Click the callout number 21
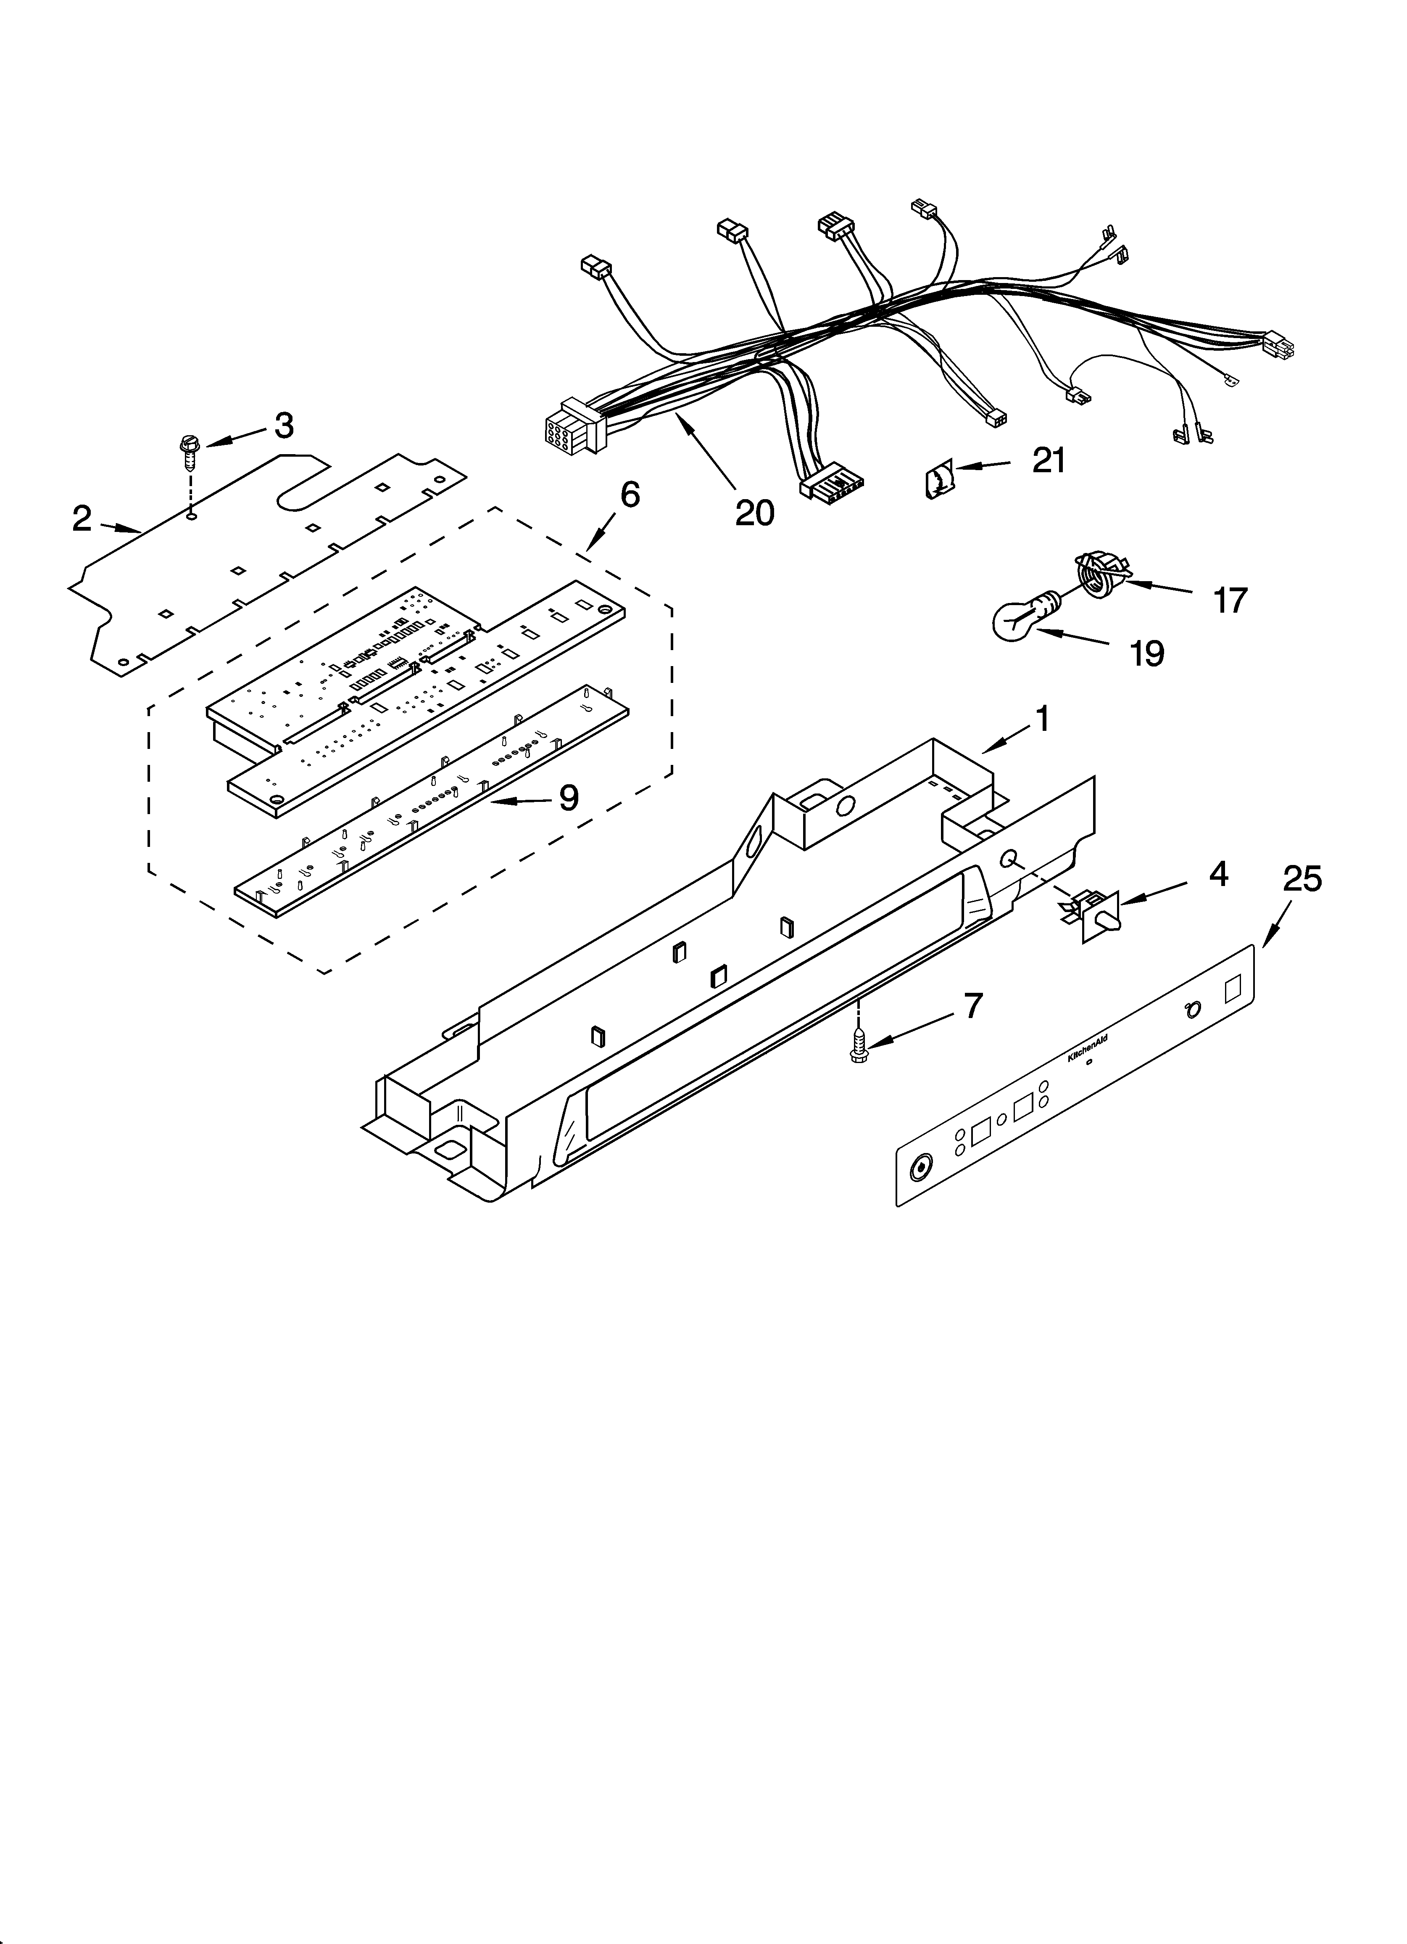tap(1049, 461)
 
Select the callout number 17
tap(1230, 600)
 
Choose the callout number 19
tap(1146, 654)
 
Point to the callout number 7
tap(972, 1006)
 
